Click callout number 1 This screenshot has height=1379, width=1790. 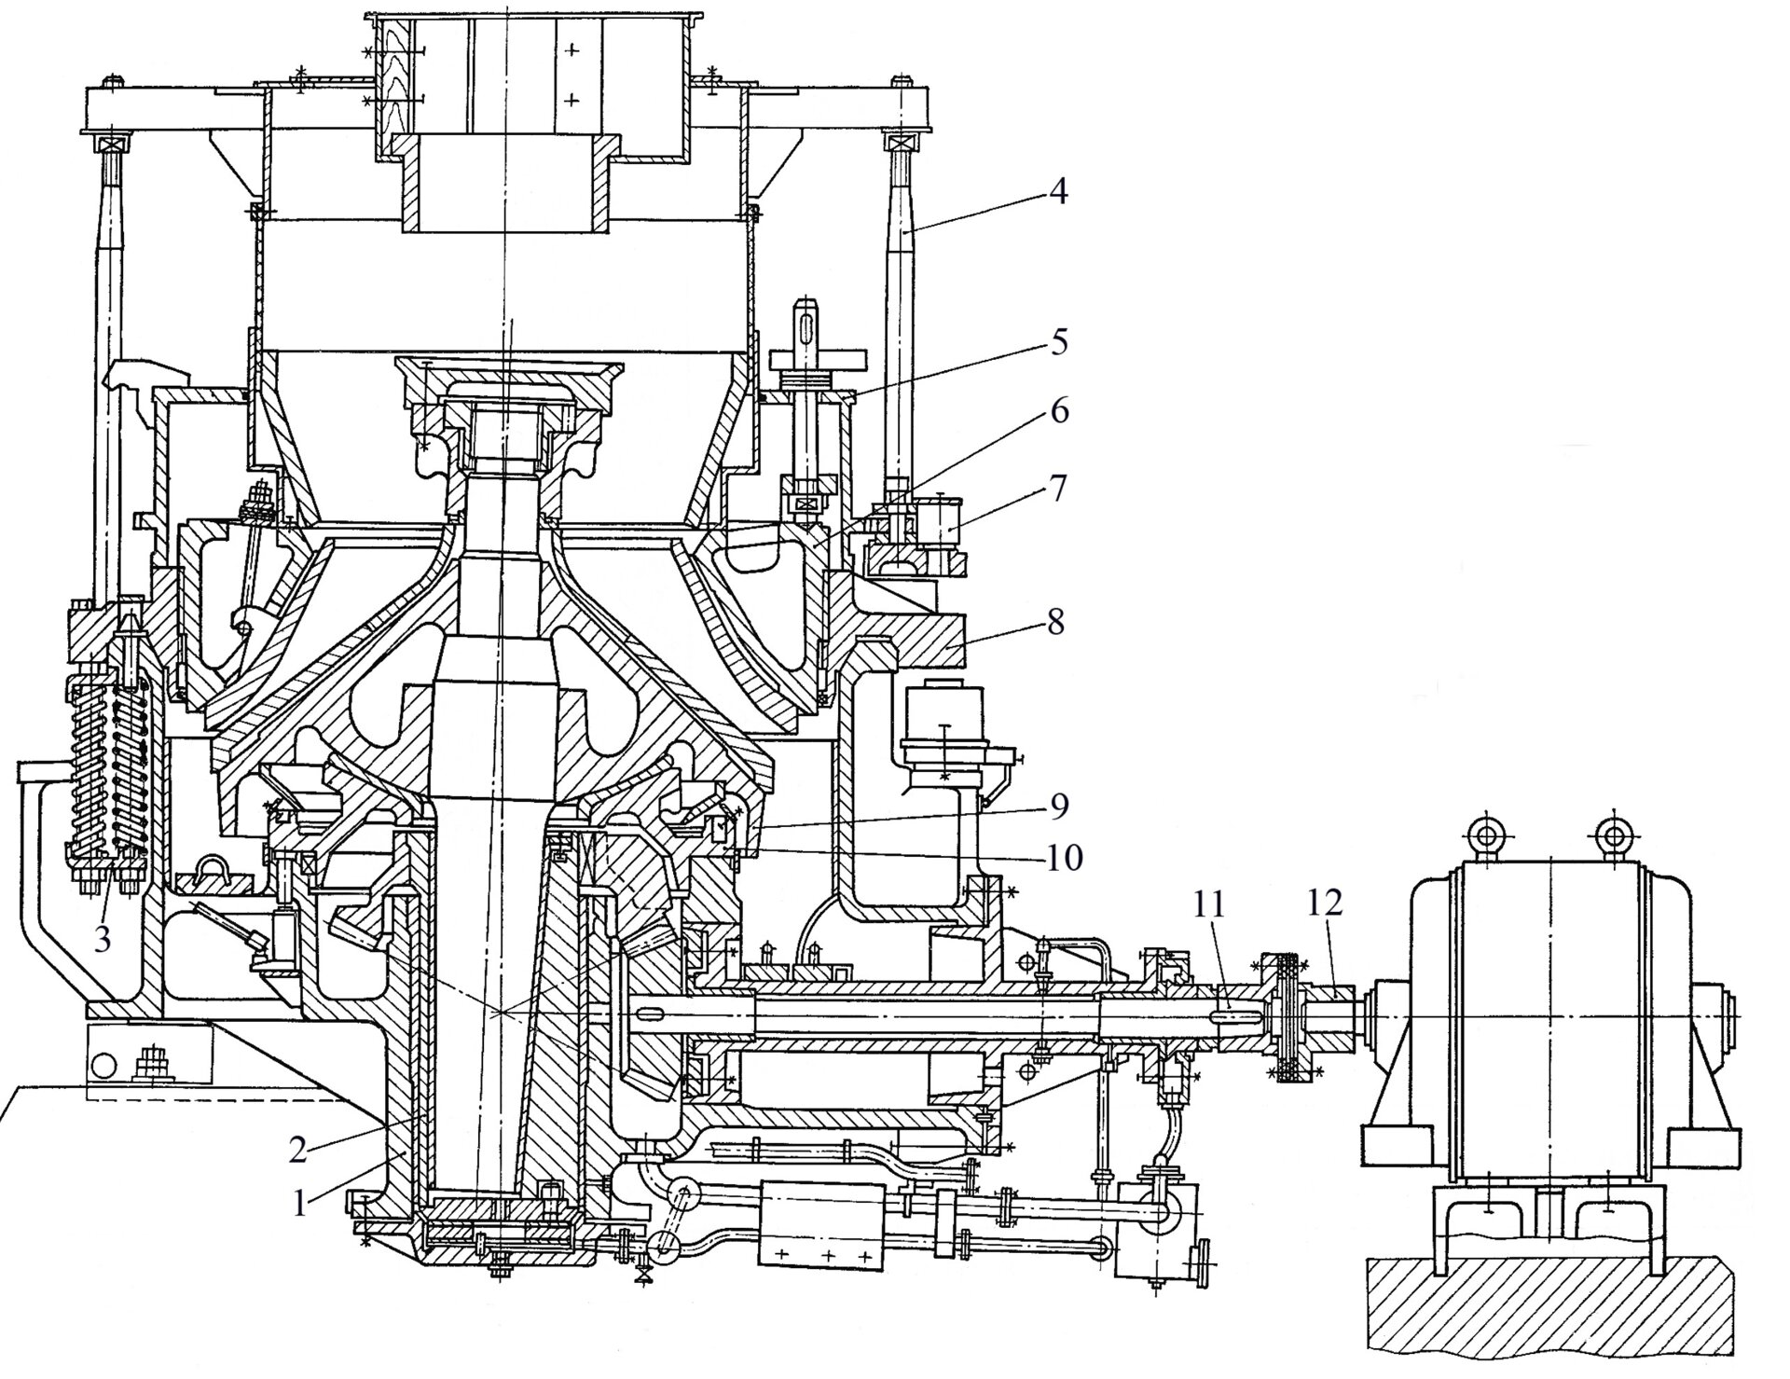299,1205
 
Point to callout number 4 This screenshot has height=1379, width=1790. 1056,194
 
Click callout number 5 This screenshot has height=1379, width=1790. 1056,343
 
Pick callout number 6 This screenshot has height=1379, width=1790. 1056,411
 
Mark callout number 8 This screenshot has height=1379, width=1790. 1056,622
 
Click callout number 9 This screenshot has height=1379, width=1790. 1056,807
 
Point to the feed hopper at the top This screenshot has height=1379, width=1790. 536,75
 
